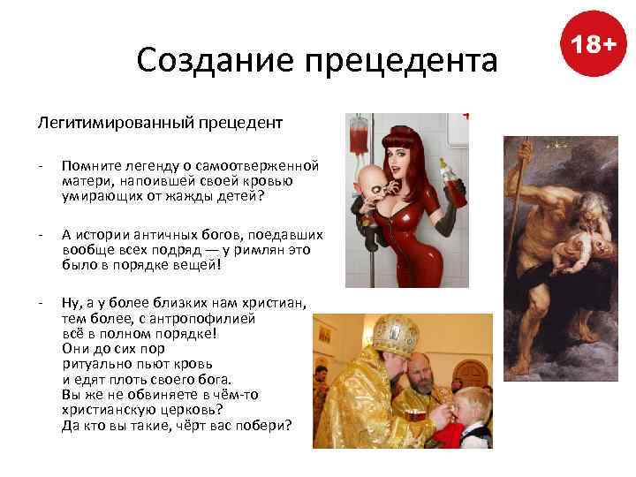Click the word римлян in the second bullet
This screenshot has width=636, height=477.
257,249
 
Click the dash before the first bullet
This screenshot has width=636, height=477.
41,166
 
